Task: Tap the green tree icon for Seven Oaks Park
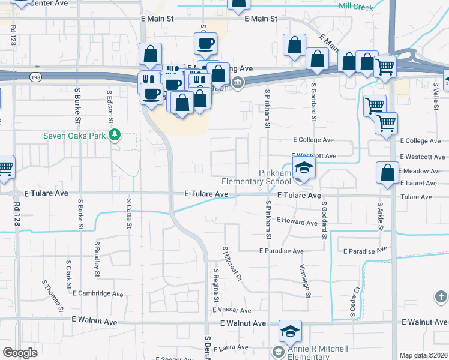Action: [x=113, y=134]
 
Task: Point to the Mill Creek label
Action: [x=355, y=7]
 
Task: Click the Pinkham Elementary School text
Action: [x=256, y=177]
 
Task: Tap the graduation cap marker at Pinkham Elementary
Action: [x=304, y=170]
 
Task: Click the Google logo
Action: [x=20, y=353]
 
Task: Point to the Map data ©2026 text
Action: [x=424, y=355]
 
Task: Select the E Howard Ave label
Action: [x=297, y=222]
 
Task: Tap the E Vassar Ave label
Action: [x=232, y=310]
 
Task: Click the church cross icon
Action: [x=440, y=296]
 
